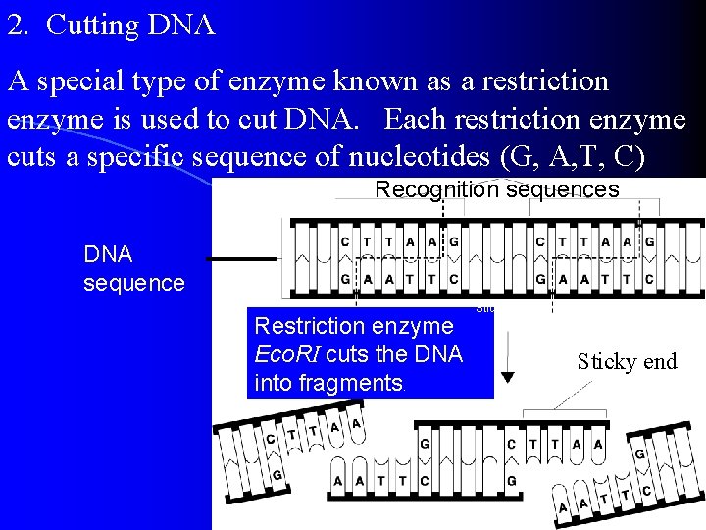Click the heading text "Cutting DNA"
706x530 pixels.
pos(130,25)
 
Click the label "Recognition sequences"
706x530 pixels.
pos(497,189)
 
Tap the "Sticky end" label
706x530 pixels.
pos(627,362)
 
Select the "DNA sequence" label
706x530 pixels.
pos(134,269)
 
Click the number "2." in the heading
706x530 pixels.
pos(18,25)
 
